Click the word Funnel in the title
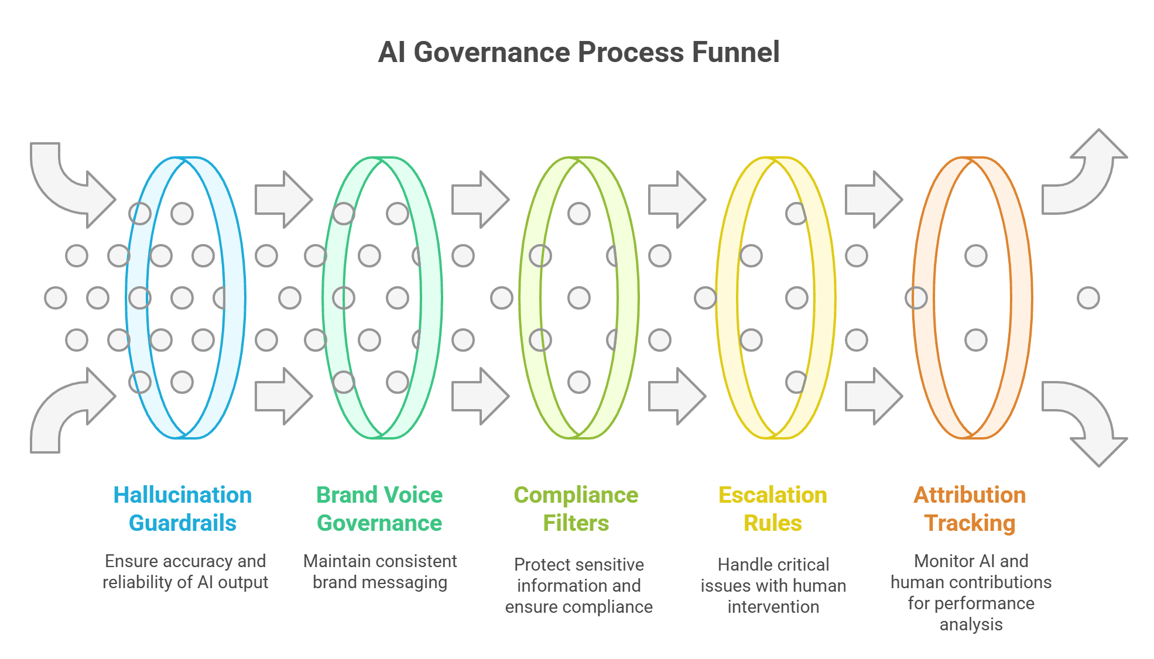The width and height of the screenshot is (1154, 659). point(735,52)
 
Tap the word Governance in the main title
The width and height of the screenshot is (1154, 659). point(492,52)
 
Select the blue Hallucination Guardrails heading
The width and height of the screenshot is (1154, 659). point(183,509)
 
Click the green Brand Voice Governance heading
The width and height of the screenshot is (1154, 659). point(379,509)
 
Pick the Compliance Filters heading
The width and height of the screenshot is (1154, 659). point(576,509)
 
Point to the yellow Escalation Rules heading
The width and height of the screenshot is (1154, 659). point(773,509)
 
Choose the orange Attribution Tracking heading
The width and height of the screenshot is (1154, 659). point(970,509)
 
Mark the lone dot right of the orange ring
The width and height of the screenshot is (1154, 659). point(1088,298)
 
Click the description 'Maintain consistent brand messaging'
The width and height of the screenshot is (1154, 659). point(380,572)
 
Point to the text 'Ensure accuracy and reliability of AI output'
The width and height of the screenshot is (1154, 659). point(185,572)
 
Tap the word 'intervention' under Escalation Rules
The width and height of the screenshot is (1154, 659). point(773,607)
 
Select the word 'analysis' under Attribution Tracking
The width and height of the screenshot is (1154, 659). point(971,625)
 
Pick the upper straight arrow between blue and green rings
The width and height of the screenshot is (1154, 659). point(284,200)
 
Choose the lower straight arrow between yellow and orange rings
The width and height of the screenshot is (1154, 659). point(874,396)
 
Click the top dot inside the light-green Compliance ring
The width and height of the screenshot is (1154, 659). point(579,214)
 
